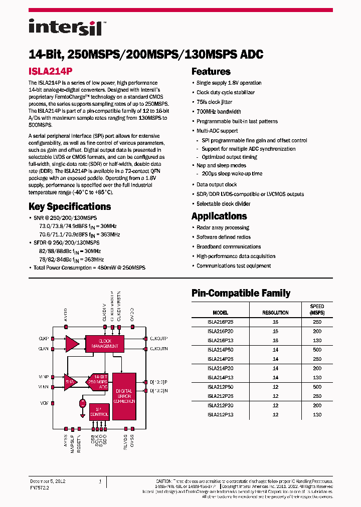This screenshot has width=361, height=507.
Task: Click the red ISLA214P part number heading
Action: (51, 71)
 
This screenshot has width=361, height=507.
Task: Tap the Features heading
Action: (211, 71)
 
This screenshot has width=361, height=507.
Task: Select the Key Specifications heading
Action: (70, 206)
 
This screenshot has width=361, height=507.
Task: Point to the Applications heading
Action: (219, 216)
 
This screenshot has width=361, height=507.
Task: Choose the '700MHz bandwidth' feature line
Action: (219, 112)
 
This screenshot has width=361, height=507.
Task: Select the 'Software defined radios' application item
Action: (224, 237)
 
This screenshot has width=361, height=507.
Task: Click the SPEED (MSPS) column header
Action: (317, 309)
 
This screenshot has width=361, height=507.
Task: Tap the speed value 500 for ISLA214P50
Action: (317, 350)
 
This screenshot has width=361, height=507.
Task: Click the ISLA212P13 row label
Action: (220, 415)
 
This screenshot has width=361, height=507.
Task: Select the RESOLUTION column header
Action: (275, 313)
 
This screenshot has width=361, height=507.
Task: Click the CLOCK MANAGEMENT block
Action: (105, 343)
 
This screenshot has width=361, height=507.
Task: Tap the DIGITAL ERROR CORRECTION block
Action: (124, 396)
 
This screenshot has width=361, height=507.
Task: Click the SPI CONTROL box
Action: (99, 411)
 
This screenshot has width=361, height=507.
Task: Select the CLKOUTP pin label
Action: (158, 339)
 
